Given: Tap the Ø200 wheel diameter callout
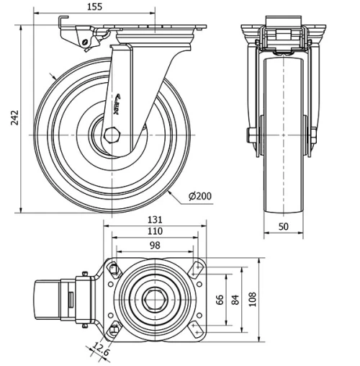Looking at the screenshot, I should pos(199,196).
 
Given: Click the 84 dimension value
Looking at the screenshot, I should pos(235,298).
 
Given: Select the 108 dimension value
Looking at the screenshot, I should pos(253,298).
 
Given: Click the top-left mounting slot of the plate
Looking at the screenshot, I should pos(114,269).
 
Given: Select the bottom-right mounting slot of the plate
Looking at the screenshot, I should pos(196,328).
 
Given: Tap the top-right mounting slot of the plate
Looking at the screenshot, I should pos(196,269).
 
